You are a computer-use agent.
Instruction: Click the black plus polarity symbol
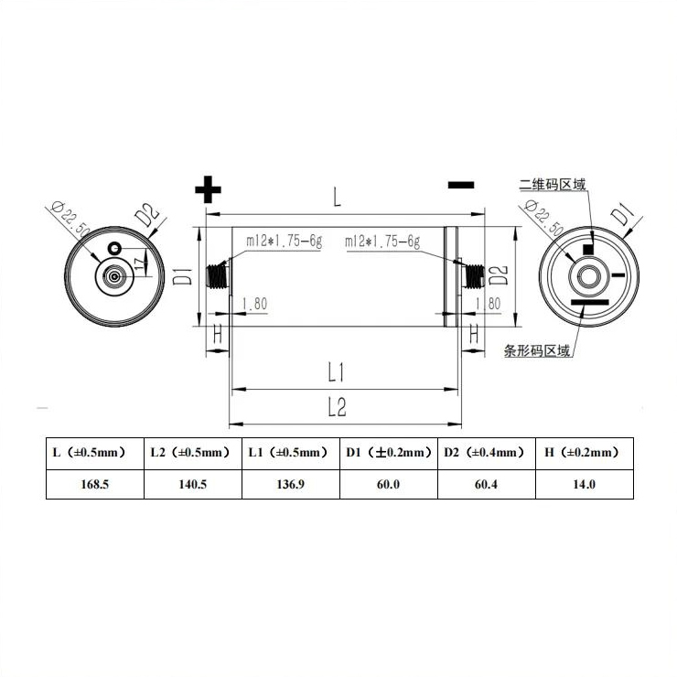tap(209, 189)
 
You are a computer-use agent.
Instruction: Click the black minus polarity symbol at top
tap(461, 184)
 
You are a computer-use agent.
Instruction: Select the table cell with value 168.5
tap(94, 484)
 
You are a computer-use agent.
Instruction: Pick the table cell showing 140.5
tap(192, 484)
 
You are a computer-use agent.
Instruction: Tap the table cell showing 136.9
tap(290, 484)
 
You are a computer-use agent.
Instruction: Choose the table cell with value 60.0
tap(388, 484)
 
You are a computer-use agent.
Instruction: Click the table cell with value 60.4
tap(485, 484)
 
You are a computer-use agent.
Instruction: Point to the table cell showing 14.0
tap(583, 484)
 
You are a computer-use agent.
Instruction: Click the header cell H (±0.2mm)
tap(583, 452)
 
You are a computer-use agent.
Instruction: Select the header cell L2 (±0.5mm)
tap(192, 452)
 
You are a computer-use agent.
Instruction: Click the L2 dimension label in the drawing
tap(336, 408)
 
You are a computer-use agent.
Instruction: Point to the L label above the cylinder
tap(337, 196)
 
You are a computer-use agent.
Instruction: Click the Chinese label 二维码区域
tap(551, 185)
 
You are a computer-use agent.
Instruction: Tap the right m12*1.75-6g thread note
tap(382, 242)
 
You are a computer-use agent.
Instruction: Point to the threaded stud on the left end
tap(218, 274)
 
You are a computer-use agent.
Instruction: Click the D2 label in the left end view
tap(147, 218)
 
